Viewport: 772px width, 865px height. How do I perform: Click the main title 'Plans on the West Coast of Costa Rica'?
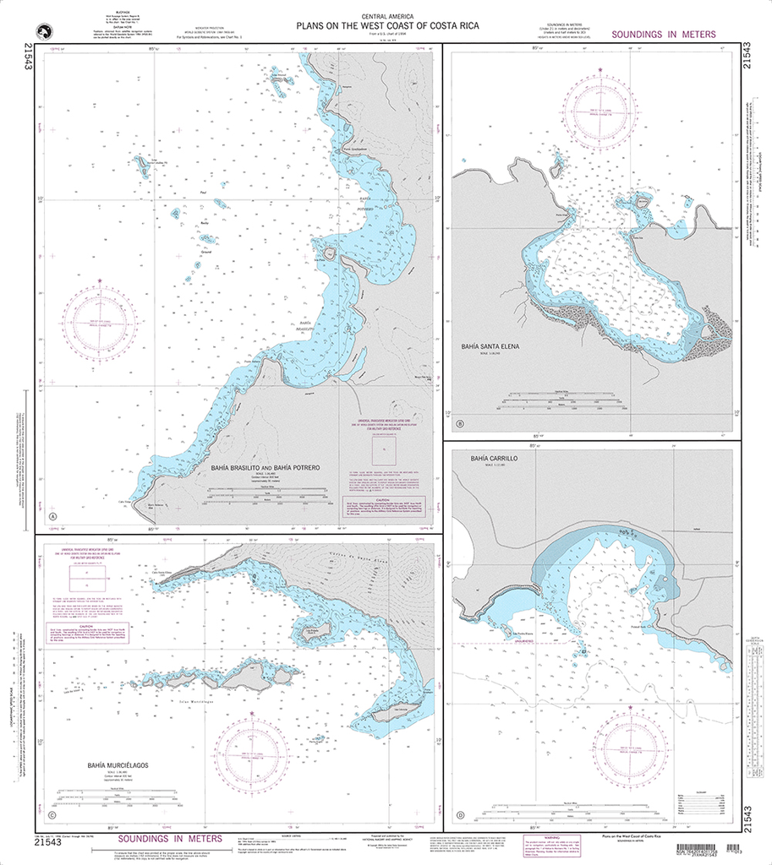click(x=386, y=26)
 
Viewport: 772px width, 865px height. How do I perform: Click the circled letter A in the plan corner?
click(x=52, y=517)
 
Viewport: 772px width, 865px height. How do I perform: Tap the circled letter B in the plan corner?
click(x=459, y=424)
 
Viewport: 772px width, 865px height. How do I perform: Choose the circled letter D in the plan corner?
click(x=460, y=815)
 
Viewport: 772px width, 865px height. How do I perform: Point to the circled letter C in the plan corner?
click(x=52, y=816)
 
